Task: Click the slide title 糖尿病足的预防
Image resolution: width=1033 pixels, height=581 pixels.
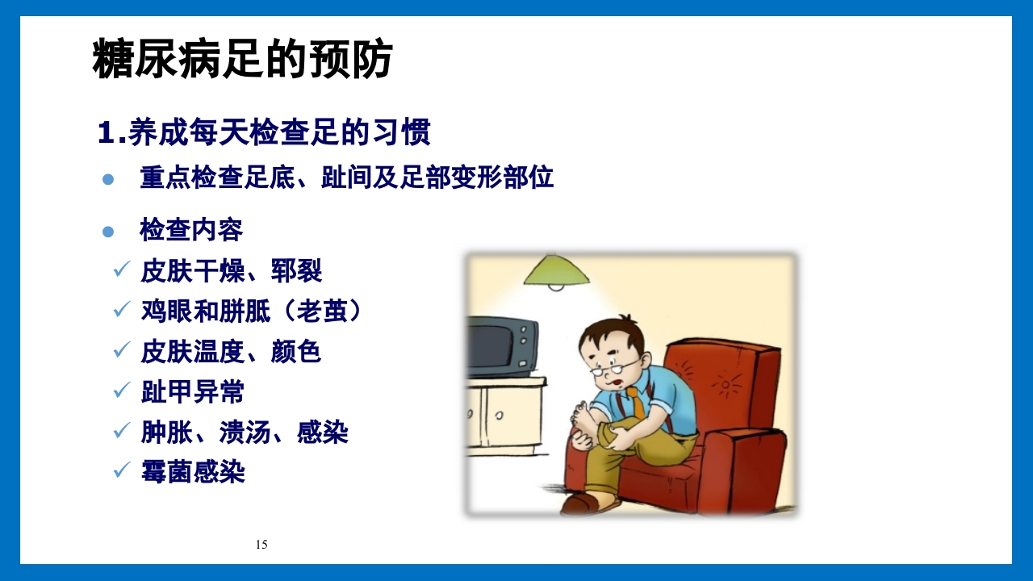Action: coord(242,60)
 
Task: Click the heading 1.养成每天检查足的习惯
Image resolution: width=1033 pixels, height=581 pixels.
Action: coord(264,133)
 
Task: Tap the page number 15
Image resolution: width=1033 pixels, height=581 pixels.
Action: coord(261,545)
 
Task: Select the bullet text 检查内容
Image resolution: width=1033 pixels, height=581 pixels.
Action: coord(191,230)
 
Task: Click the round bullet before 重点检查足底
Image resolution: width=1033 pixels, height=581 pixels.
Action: coord(108,179)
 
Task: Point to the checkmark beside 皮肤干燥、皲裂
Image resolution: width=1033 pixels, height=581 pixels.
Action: coord(122,269)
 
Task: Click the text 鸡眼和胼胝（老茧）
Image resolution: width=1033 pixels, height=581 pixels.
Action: coord(250,311)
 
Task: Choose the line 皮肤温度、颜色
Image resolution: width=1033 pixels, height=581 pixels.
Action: coord(231,351)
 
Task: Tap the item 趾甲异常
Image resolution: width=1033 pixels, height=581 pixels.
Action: coord(192,391)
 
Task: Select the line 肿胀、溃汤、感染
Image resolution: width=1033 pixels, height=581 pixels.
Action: coord(244,432)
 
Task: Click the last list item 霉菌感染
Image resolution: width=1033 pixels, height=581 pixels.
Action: coord(192,472)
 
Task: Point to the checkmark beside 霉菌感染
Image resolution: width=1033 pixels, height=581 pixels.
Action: coord(122,469)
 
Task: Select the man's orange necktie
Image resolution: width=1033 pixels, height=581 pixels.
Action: coord(638,401)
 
